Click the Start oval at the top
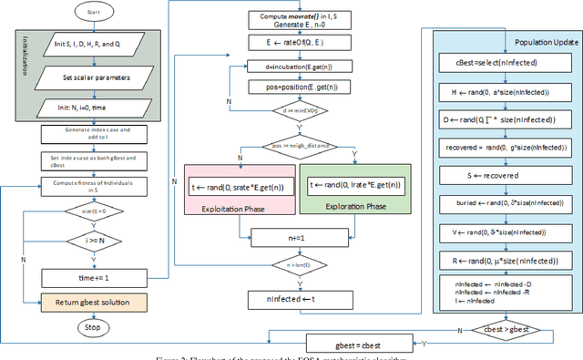[x=80, y=14]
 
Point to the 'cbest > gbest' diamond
[x=506, y=327]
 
